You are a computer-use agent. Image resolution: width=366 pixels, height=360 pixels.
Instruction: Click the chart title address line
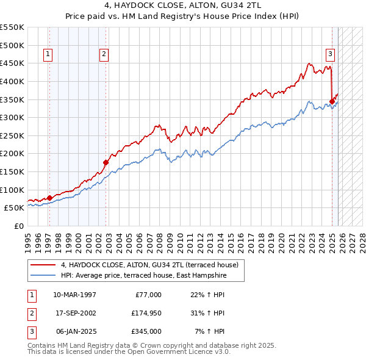point(183,7)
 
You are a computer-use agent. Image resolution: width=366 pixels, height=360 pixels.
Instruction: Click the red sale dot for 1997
point(49,197)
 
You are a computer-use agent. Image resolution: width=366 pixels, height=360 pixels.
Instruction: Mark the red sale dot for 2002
point(106,162)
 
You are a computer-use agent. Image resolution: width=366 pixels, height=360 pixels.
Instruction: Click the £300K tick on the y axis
point(13,117)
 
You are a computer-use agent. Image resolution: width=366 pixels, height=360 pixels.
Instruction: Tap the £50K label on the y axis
point(15,208)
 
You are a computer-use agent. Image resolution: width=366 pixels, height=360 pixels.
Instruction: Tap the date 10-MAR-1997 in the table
point(74,295)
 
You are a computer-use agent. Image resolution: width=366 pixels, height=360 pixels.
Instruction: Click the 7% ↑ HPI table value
point(209,331)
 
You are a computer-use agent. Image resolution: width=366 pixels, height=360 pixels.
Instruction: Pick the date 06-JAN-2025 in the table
point(74,331)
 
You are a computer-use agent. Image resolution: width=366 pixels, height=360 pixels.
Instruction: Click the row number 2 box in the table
point(32,313)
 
